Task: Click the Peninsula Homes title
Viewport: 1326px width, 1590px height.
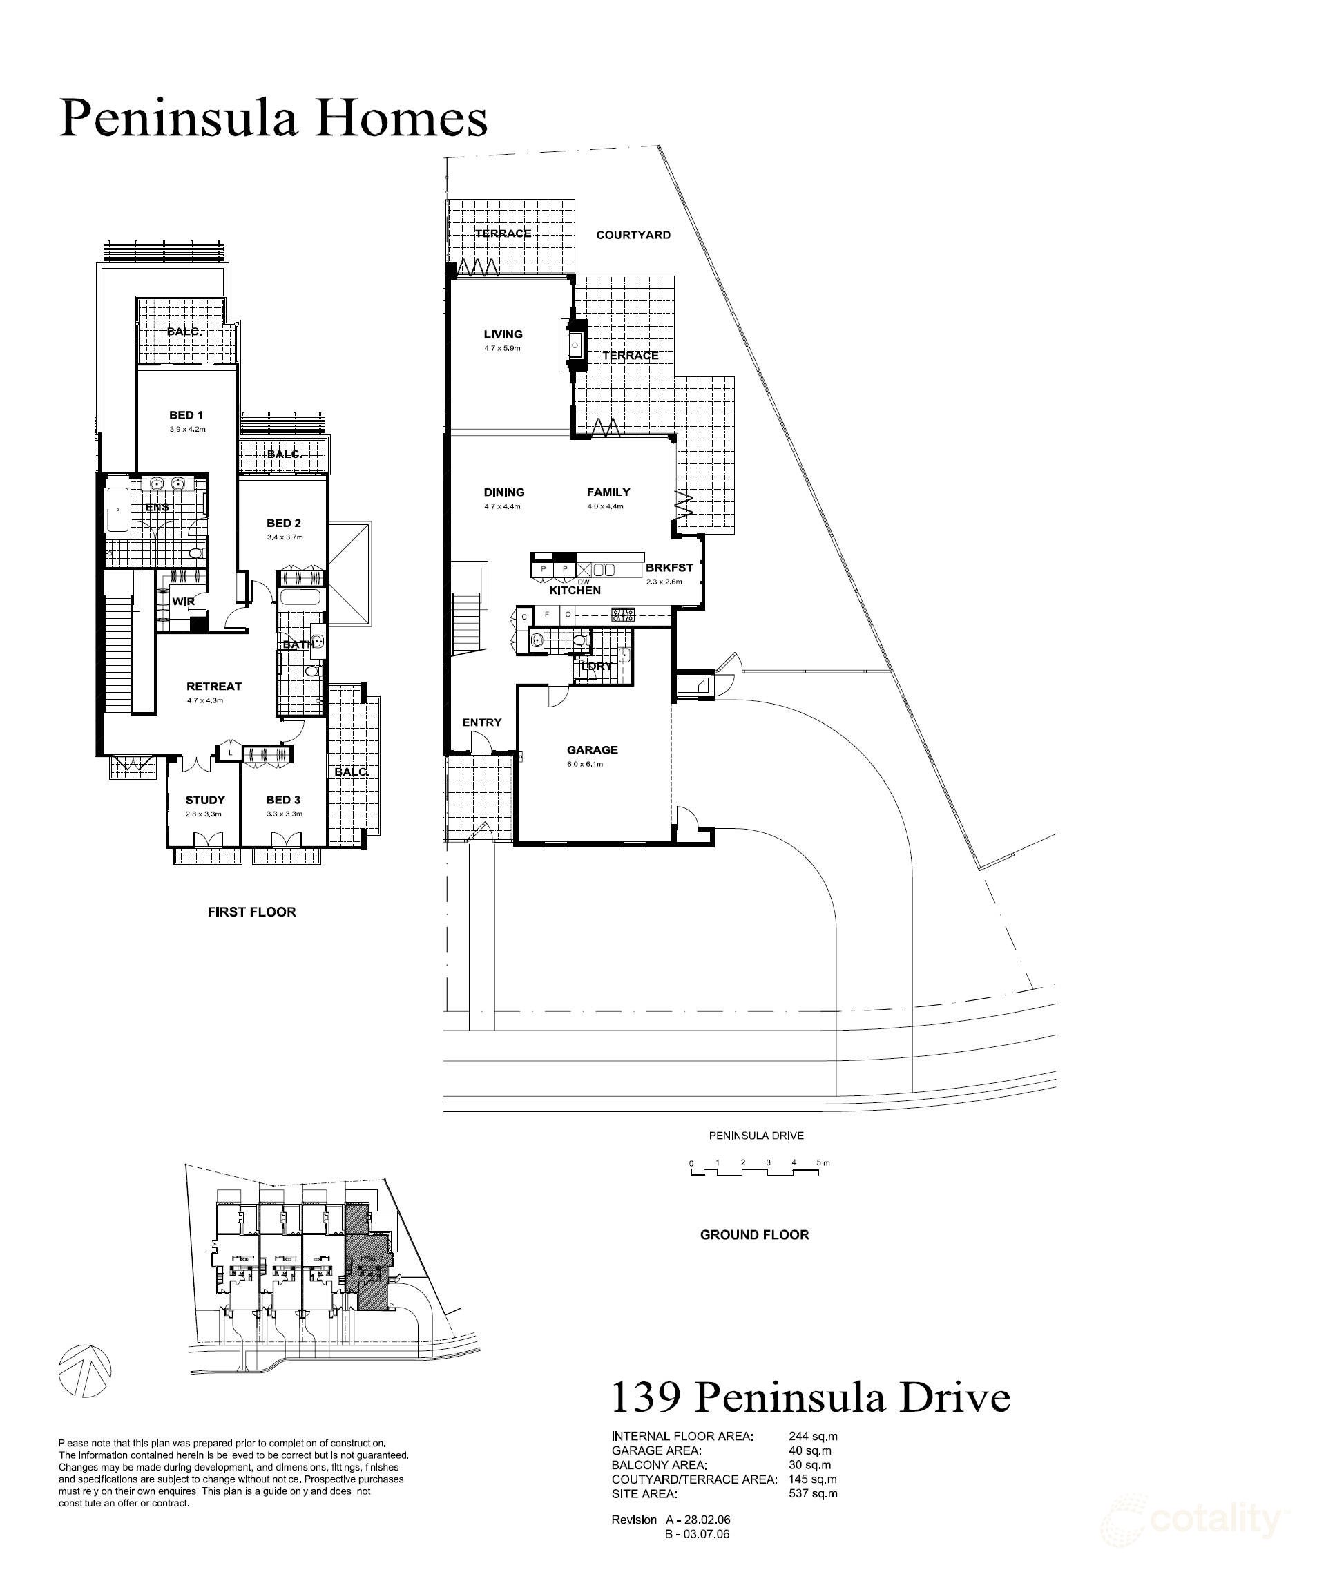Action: (273, 119)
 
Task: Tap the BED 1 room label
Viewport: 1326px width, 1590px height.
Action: (186, 415)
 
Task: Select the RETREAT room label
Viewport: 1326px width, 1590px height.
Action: (214, 686)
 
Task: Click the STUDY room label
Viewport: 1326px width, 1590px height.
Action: (205, 800)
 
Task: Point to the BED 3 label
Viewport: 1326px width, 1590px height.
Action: (283, 800)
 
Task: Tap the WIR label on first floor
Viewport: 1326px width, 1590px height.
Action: (183, 601)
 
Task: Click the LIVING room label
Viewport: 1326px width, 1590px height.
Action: (503, 334)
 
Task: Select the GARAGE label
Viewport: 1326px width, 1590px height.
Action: (592, 749)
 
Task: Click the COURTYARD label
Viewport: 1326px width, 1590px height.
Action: (633, 235)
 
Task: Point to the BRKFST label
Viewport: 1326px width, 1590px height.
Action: (669, 567)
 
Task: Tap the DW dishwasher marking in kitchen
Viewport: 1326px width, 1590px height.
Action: (584, 582)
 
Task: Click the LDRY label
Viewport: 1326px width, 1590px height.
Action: (597, 667)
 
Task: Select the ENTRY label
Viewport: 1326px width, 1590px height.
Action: (481, 722)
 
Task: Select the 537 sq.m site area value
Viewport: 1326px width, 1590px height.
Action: (813, 1494)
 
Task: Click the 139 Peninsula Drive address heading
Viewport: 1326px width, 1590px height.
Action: (810, 1399)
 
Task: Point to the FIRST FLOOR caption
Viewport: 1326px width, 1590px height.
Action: (251, 912)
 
